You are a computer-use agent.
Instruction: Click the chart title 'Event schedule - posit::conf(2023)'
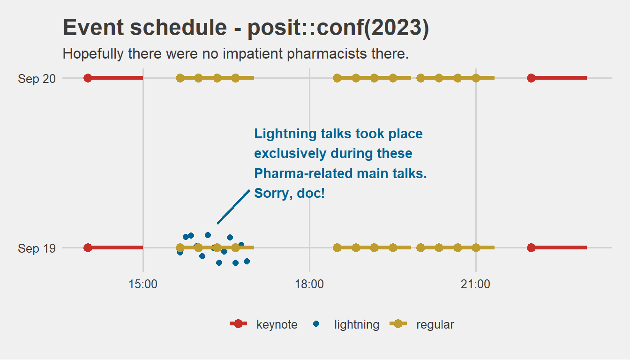(x=246, y=28)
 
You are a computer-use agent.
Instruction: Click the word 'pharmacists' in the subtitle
(x=327, y=54)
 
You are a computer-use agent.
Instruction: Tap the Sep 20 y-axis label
(x=37, y=79)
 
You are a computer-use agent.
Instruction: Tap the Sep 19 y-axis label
(x=37, y=248)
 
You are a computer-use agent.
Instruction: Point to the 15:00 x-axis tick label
(x=143, y=285)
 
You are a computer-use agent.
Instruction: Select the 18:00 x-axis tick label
(x=309, y=285)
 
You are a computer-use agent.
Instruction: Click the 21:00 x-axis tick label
(x=476, y=285)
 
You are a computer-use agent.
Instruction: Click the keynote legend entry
(x=263, y=324)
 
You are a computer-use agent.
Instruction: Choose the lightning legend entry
(x=346, y=324)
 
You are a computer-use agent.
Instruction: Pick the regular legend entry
(x=422, y=324)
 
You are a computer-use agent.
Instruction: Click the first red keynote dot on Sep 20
(x=88, y=78)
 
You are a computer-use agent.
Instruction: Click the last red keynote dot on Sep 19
(x=531, y=248)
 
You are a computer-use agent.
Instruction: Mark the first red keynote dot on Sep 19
(x=88, y=248)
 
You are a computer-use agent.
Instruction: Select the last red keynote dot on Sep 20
(x=531, y=78)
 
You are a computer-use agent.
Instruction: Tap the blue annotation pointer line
(x=233, y=207)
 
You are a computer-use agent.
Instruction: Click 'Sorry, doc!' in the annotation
(x=289, y=194)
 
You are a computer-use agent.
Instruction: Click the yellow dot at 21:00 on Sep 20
(x=476, y=78)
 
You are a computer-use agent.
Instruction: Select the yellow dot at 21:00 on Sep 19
(x=476, y=248)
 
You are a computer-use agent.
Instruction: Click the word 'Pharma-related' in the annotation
(x=303, y=173)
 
